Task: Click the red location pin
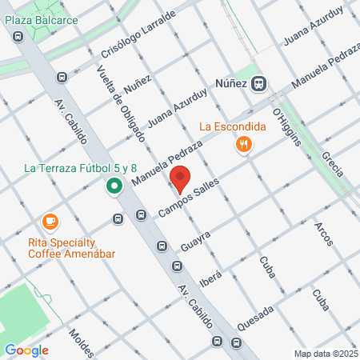(x=180, y=178)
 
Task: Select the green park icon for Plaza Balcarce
(x=18, y=35)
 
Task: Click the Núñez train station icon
(x=259, y=82)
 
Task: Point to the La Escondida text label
(x=232, y=126)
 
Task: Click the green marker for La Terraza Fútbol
(x=114, y=187)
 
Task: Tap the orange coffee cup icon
(x=50, y=221)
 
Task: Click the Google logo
(x=26, y=350)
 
